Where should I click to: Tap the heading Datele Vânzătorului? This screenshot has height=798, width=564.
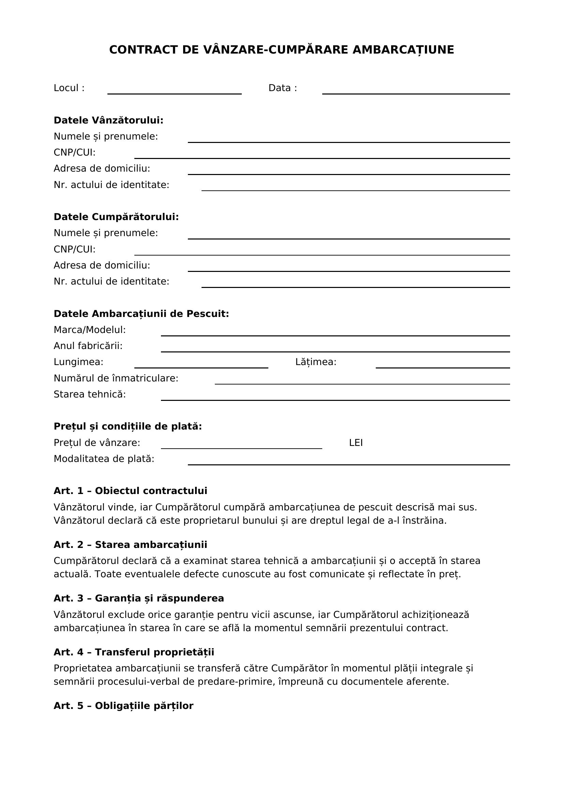108,120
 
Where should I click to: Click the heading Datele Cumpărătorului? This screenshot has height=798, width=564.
116,217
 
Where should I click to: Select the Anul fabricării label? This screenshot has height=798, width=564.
88,346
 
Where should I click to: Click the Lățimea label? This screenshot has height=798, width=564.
316,362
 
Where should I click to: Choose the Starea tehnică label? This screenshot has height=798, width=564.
90,394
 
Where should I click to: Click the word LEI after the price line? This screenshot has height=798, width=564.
356,443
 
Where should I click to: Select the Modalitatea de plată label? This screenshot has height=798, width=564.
104,459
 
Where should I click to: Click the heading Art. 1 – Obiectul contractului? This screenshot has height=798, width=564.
130,491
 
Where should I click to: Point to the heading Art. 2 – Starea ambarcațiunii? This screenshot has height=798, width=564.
130,545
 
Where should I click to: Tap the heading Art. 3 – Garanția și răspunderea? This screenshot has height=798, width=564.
138,598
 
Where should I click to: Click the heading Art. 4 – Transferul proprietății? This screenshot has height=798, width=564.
134,652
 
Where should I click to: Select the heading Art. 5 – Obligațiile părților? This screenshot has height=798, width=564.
123,706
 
